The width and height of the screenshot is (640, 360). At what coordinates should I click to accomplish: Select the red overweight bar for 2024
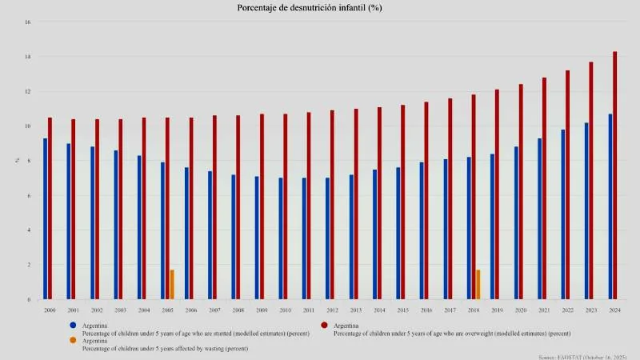point(615,176)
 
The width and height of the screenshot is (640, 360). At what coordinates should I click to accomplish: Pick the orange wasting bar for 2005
point(172,285)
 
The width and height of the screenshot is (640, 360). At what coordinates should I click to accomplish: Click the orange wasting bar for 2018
point(478,285)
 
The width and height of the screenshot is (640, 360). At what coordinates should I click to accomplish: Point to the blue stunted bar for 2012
point(327,238)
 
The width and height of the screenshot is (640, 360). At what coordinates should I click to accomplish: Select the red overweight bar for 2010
point(285,206)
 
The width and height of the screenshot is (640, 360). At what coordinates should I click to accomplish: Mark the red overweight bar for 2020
point(521,192)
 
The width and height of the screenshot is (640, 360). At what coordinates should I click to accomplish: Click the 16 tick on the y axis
point(27,22)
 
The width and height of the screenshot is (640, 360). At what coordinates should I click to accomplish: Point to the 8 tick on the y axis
point(28,161)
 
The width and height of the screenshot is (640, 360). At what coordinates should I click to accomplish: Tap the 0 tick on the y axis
point(28,300)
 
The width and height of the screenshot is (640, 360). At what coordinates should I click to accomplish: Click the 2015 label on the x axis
point(403,310)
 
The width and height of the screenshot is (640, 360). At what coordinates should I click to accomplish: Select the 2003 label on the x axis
point(120,310)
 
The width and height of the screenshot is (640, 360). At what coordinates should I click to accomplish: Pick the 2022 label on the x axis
point(568,310)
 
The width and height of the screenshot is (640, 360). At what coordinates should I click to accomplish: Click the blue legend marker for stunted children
point(73,326)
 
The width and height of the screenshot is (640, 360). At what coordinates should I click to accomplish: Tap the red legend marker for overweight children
point(324,326)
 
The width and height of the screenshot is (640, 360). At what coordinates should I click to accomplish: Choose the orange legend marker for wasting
point(73,341)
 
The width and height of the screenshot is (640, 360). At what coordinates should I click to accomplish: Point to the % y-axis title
point(17,161)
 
